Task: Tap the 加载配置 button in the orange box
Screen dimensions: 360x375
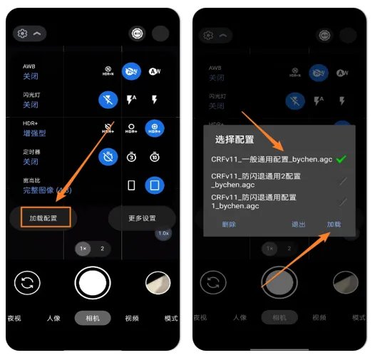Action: [39, 216]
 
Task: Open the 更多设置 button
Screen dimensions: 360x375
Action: [142, 217]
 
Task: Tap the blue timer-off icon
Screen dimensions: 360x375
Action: [108, 158]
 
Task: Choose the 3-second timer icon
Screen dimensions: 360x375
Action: [131, 158]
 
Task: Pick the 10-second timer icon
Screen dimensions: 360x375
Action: [153, 158]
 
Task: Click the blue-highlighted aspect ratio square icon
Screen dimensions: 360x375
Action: [153, 186]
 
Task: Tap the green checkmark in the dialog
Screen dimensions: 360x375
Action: [341, 159]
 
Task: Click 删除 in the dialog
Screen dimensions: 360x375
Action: [228, 224]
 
